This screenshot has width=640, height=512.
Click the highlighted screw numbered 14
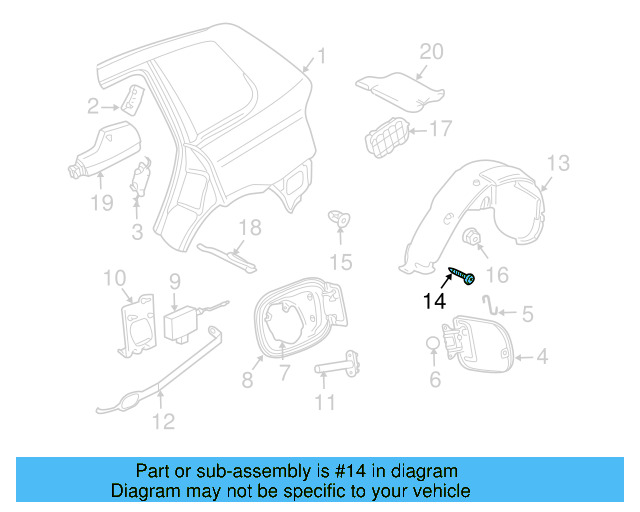coord(461,275)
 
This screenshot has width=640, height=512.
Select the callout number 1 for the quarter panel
coord(321,55)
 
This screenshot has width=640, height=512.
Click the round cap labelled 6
coord(432,344)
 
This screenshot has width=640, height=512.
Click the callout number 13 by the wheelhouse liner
coord(557,163)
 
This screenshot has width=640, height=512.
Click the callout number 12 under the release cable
coord(162,421)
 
